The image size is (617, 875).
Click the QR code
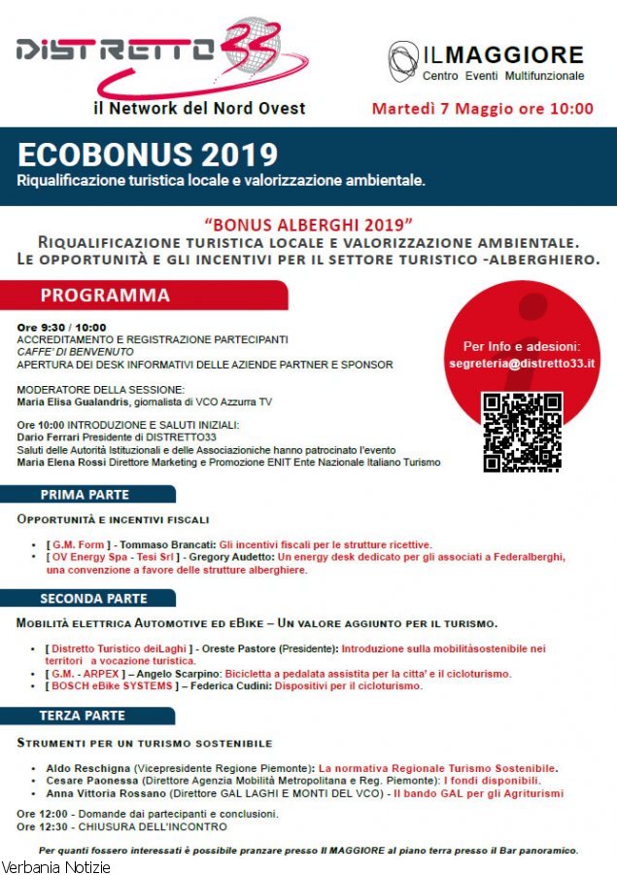pos(522,432)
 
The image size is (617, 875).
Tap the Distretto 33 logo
pos(160,54)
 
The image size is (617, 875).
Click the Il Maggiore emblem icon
pos(402,61)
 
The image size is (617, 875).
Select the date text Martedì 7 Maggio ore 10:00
pos(482,109)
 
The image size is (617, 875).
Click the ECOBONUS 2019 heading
pos(148,155)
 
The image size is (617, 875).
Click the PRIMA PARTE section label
pos(85,495)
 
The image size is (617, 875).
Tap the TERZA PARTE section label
pos(83,716)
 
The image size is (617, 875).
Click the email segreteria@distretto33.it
pos(522,363)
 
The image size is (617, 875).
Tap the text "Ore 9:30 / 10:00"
pos(61,328)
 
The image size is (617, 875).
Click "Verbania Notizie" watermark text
pos(55,866)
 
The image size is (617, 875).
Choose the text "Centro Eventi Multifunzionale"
pos(502,76)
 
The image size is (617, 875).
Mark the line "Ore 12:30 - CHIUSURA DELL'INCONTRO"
pos(121,826)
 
